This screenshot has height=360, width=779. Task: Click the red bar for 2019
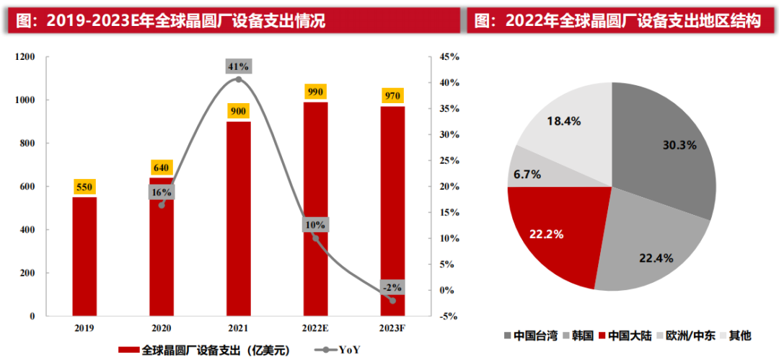[x=84, y=256]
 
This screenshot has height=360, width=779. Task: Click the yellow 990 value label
[x=315, y=92]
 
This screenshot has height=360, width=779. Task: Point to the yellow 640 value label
[x=162, y=167]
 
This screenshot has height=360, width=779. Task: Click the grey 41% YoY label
[x=239, y=66]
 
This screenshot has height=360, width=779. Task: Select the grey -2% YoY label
[x=392, y=286]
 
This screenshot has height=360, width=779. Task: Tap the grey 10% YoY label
[x=315, y=225]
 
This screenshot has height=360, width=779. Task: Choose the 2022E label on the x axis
[x=315, y=328]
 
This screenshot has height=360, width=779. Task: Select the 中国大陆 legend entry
[x=624, y=335]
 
